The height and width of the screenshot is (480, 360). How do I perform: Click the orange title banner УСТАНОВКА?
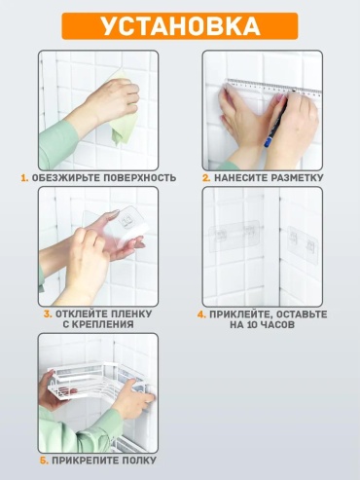[180, 26]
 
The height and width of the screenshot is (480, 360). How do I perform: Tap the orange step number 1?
[24, 178]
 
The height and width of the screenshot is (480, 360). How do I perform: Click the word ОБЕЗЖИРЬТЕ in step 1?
[66, 178]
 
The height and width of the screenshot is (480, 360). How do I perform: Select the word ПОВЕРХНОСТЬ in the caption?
[140, 178]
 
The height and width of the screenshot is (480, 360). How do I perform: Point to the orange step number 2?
[206, 178]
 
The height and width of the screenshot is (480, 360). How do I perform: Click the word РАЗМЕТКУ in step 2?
[297, 178]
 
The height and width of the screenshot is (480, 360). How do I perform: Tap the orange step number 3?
[48, 314]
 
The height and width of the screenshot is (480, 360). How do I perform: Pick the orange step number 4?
[201, 314]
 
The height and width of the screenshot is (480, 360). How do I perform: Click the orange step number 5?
[44, 461]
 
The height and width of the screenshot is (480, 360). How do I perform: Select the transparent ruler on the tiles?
[274, 86]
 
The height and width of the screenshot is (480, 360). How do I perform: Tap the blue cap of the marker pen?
[268, 142]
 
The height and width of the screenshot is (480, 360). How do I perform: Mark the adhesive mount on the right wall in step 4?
[303, 245]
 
